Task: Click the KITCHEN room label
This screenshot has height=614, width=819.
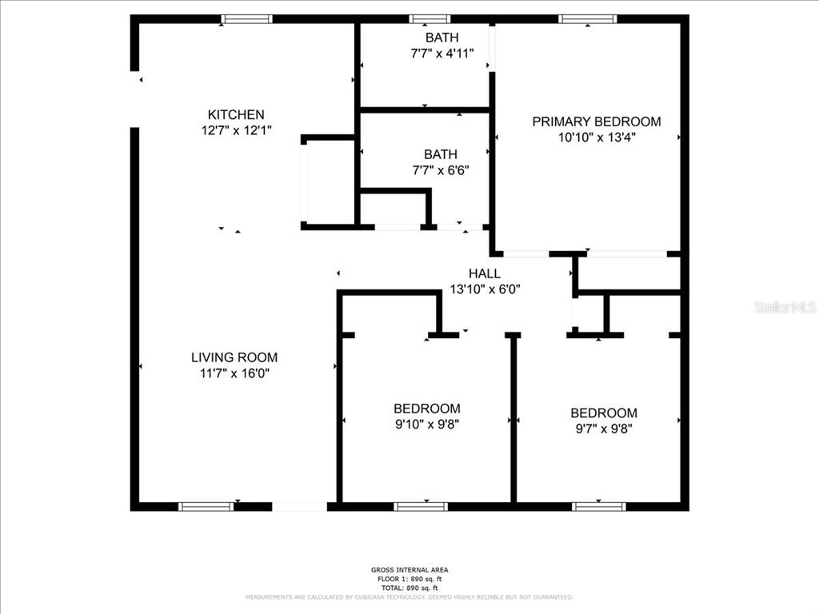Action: coord(236,114)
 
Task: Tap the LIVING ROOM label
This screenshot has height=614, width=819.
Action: coord(234,357)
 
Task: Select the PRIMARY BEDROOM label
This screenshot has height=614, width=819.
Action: coord(597,122)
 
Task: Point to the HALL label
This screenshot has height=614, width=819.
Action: coord(485,273)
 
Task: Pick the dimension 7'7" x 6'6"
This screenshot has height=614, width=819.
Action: coord(441,169)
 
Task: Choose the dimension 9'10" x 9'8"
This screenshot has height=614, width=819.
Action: coord(426,424)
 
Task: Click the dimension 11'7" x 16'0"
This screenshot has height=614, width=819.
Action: coord(234,373)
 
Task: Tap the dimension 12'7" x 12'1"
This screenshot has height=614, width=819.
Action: coord(236,130)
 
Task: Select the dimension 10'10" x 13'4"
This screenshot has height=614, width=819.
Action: coord(597,137)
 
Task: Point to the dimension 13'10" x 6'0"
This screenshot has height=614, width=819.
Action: coord(485,289)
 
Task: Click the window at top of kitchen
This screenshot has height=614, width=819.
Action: coord(246,19)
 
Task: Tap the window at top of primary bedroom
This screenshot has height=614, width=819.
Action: coord(588,19)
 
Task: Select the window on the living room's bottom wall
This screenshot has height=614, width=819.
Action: coord(206,506)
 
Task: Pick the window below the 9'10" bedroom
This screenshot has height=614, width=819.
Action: coord(421,506)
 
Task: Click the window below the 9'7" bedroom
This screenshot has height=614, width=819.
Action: coord(598,506)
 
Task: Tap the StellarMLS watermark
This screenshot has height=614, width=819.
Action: coord(785,307)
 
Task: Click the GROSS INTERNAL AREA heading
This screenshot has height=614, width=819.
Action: coord(409,570)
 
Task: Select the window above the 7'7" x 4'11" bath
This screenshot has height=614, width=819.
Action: coord(429,19)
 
